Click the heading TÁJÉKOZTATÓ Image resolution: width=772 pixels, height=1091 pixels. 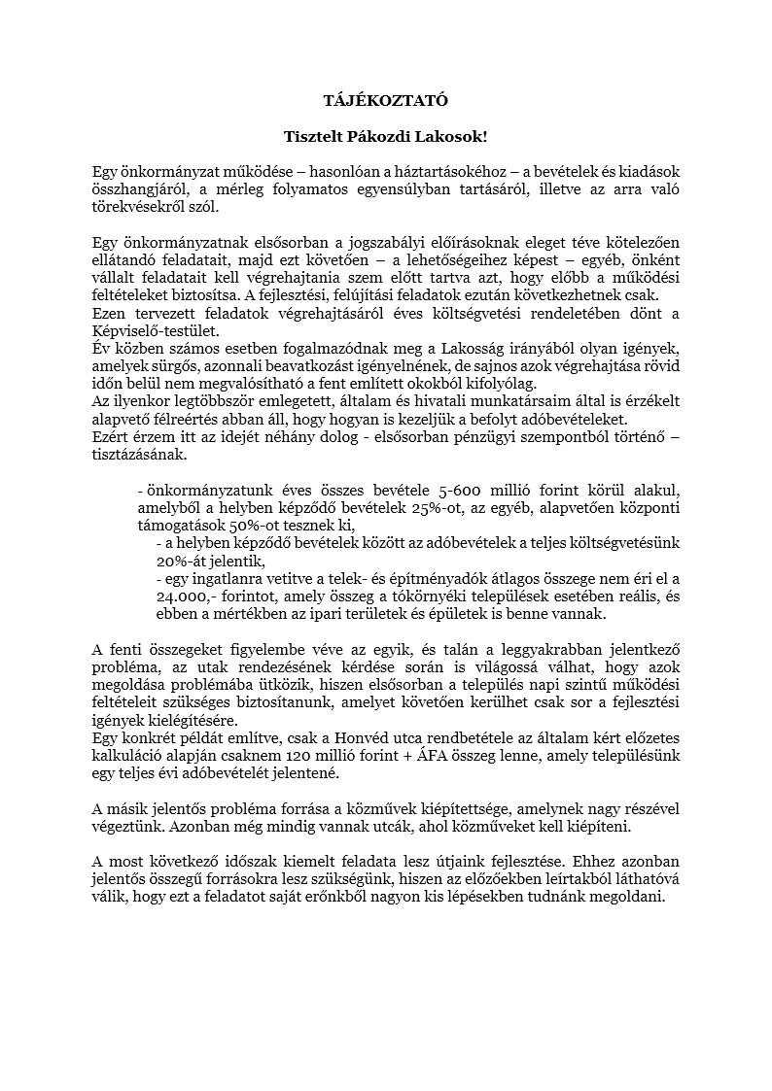pos(386,98)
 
